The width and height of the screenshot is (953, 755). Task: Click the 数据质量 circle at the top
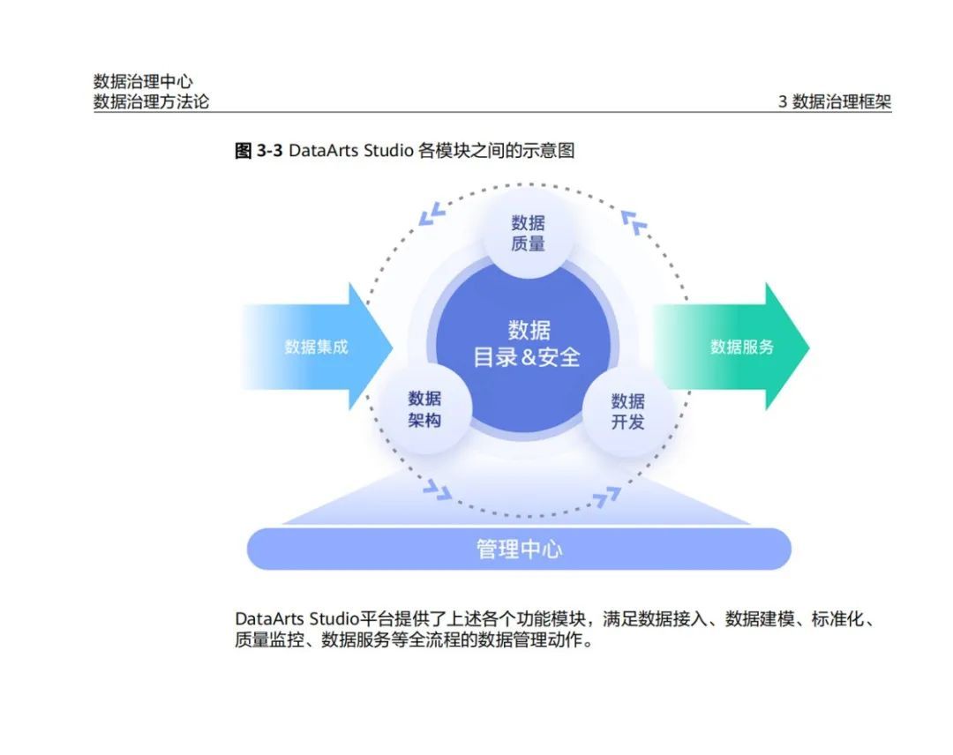click(528, 232)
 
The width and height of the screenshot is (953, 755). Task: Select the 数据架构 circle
click(424, 409)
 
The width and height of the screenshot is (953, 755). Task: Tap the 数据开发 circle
click(627, 411)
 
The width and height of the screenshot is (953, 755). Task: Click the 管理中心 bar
click(519, 549)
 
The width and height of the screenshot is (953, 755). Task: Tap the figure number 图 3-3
click(259, 151)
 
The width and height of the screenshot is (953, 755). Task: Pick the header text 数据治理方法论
click(152, 101)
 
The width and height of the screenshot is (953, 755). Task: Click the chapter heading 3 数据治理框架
click(834, 101)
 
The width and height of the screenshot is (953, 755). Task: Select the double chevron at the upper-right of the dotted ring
click(634, 221)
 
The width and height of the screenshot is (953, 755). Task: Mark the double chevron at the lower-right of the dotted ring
click(605, 498)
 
